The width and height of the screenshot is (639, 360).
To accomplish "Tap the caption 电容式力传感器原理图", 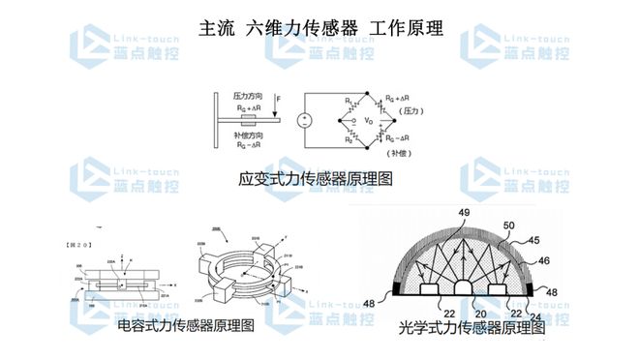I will click(x=185, y=325).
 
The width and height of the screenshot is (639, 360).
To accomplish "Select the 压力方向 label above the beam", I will click(x=249, y=98).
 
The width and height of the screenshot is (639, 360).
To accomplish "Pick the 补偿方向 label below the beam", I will click(x=248, y=136).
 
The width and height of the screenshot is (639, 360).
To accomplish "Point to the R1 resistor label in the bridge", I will click(x=341, y=101).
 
